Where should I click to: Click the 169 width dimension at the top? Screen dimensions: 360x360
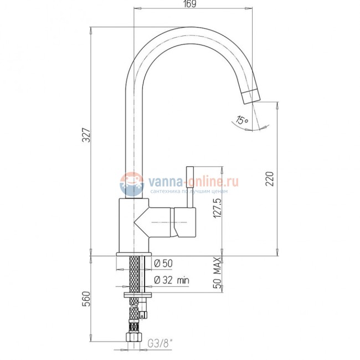pos(191,4)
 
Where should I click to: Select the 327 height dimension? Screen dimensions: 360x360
pos(87,135)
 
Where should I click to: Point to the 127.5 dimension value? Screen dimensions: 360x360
pos(218,208)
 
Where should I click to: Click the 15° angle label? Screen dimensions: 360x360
pos(242,120)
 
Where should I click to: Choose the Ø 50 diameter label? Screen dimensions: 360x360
pos(163,263)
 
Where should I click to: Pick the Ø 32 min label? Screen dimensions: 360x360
pos(172,280)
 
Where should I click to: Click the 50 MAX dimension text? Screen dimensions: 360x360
pos(218,273)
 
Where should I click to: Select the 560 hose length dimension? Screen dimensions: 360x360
pos(87,299)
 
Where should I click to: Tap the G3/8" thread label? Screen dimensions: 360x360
pos(160,343)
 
